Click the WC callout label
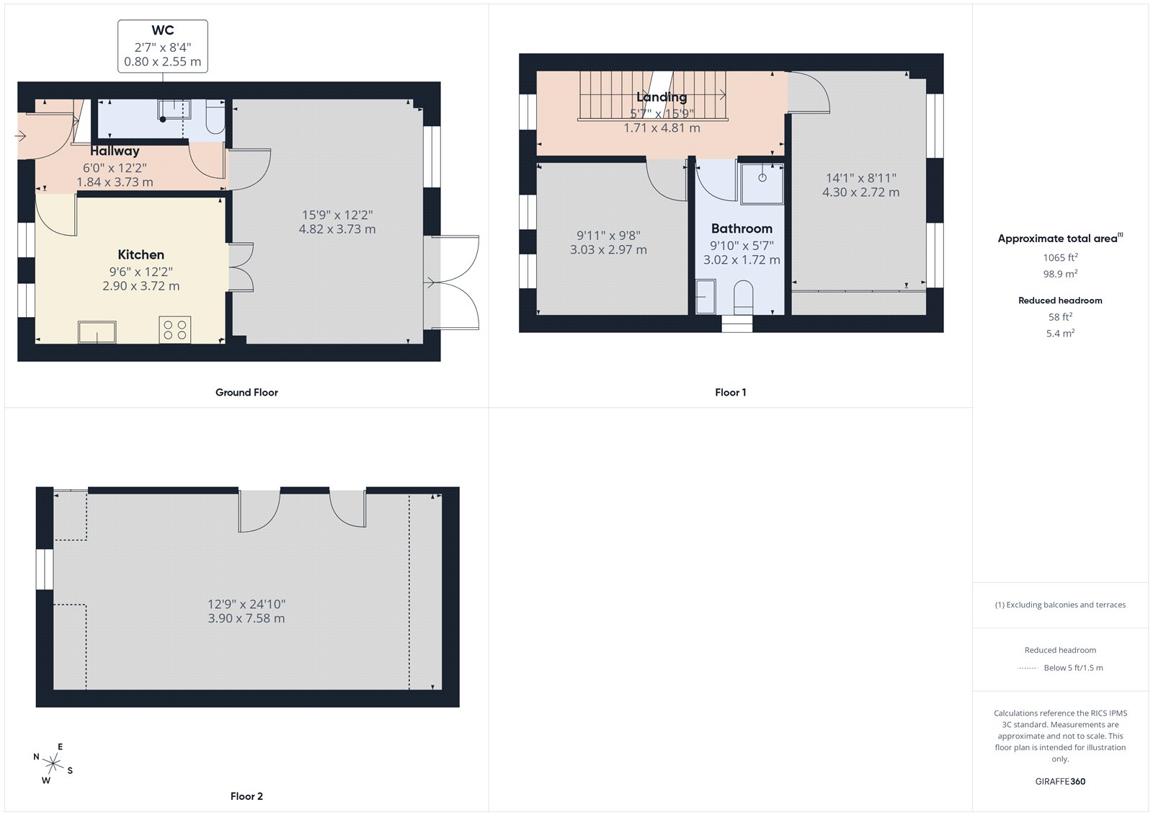click(163, 31)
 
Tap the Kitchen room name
click(141, 254)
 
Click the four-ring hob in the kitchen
click(174, 329)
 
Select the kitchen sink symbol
click(97, 332)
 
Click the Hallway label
click(115, 151)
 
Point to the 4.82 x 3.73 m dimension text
click(337, 229)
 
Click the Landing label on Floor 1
click(662, 97)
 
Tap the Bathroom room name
click(742, 228)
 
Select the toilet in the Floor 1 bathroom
click(742, 297)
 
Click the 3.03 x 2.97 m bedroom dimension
click(608, 250)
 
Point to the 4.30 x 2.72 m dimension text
click(860, 192)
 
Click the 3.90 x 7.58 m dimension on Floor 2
click(246, 618)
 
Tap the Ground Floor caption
click(246, 393)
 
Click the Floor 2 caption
click(246, 796)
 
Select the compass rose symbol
click(53, 762)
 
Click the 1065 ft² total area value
click(1060, 257)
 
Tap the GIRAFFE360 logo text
click(1060, 781)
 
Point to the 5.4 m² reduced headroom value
click(1060, 334)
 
